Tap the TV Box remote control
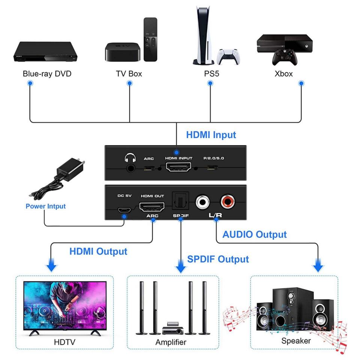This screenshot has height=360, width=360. [151, 39]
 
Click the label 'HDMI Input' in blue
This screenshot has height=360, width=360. [211, 135]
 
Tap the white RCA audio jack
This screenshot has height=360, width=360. [203, 203]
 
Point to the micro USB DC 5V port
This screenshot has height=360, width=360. [123, 210]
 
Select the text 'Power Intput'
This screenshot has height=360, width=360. [46, 206]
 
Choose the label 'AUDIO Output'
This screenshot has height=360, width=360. [255, 235]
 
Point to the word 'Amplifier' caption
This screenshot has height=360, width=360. [171, 342]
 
